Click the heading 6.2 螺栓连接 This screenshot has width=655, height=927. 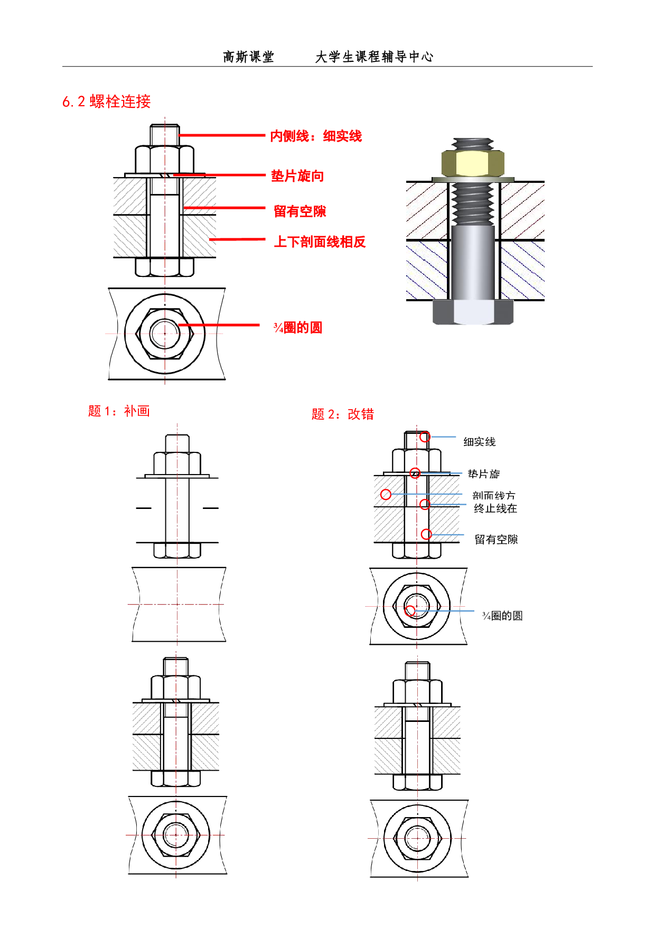pyautogui.click(x=107, y=101)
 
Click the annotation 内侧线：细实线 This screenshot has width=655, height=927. pyautogui.click(x=316, y=136)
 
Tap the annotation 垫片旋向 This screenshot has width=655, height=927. pyautogui.click(x=297, y=176)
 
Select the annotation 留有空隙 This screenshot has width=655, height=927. pyautogui.click(x=300, y=211)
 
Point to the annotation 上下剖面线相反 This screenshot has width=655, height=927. pyautogui.click(x=320, y=242)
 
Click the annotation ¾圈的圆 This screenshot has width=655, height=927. pyautogui.click(x=297, y=328)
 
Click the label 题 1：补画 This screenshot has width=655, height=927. pyautogui.click(x=119, y=411)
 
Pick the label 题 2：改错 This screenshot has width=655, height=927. pyautogui.click(x=342, y=414)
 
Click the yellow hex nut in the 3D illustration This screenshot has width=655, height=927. pyautogui.click(x=473, y=163)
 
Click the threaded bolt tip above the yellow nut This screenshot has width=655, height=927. pyautogui.click(x=473, y=143)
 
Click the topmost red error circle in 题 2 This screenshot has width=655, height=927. pyautogui.click(x=425, y=437)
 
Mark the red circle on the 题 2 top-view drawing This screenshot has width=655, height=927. pyautogui.click(x=409, y=611)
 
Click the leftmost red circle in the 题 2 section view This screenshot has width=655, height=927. pyautogui.click(x=386, y=495)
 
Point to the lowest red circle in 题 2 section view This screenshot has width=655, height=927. pyautogui.click(x=426, y=534)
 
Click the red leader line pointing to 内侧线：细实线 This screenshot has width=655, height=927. pyautogui.click(x=222, y=135)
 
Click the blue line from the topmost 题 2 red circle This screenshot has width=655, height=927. pyautogui.click(x=443, y=437)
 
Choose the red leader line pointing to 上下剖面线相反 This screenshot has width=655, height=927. pyautogui.click(x=238, y=239)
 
